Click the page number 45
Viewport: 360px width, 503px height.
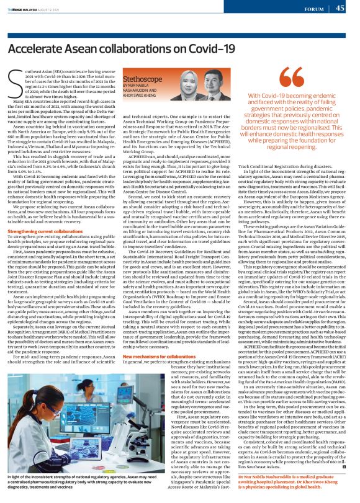pos(340,8)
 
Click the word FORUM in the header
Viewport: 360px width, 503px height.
pos(313,9)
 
